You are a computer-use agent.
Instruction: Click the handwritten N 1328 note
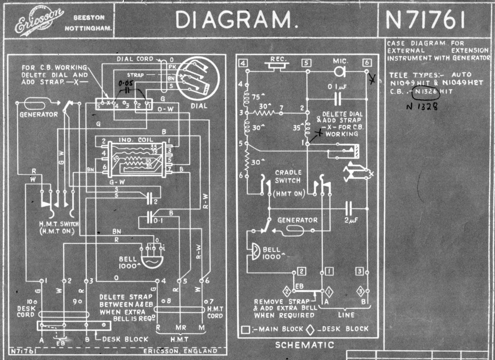pyautogui.click(x=422, y=105)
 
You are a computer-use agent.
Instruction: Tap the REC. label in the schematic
pyautogui.click(x=278, y=59)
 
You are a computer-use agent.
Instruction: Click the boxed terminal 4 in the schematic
pyautogui.click(x=243, y=64)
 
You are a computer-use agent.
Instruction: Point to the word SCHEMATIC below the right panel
pyautogui.click(x=304, y=345)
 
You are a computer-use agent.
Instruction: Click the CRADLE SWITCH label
pyautogui.click(x=288, y=176)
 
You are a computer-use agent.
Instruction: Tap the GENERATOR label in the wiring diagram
pyautogui.click(x=39, y=114)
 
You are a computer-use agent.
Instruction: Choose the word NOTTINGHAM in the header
pyautogui.click(x=89, y=29)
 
